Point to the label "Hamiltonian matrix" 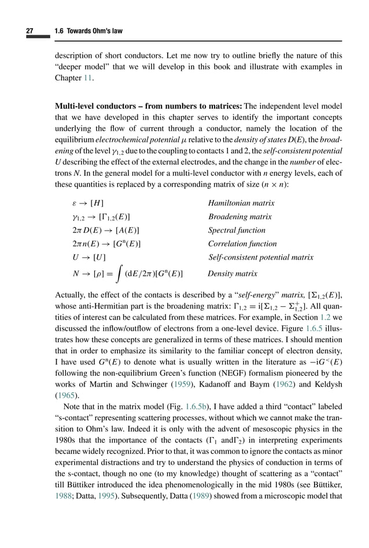tap(241, 203)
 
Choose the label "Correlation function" tap(242, 243)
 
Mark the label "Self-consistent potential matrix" tap(261, 257)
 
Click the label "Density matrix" tap(233, 273)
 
